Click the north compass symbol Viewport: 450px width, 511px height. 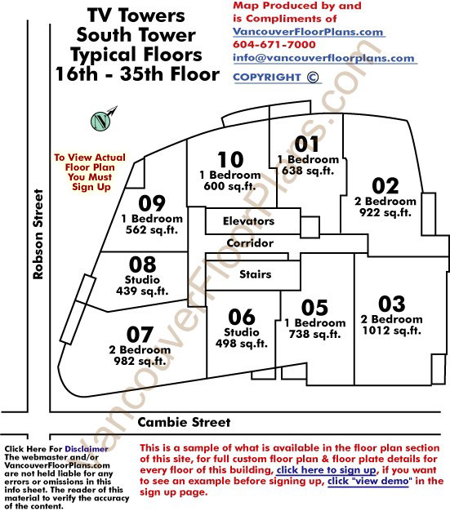pos(101,121)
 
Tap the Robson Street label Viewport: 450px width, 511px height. pos(38,234)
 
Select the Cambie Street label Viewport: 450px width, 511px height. pos(184,422)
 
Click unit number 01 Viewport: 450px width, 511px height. pos(306,144)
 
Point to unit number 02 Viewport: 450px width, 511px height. pos(385,186)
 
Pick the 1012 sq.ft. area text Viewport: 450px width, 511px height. pos(392,331)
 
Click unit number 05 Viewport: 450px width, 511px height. pos(314,308)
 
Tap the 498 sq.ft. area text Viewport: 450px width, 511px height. pos(241,343)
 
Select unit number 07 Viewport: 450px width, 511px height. pos(140,335)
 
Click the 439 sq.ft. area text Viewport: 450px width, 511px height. pos(142,291)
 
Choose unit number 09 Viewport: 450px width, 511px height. pos(152,204)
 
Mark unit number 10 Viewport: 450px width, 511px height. pos(230,160)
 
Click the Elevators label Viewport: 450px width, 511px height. pos(248,221)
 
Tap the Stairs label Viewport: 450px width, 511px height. pos(256,274)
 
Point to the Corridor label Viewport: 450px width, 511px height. pos(250,243)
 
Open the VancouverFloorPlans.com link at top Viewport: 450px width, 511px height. pos(308,32)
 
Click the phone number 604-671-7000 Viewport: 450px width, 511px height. pos(274,45)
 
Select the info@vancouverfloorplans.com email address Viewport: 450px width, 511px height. pos(323,58)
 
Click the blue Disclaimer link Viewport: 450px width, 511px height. pos(87,449)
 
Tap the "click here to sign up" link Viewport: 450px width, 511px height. pos(327,470)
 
